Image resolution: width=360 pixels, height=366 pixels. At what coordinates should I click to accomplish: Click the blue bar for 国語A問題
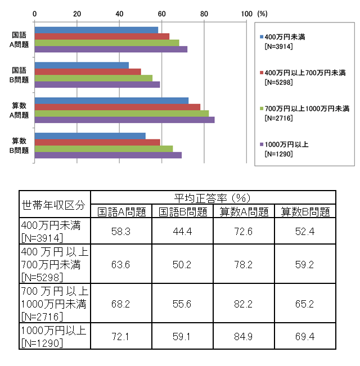coord(96,30)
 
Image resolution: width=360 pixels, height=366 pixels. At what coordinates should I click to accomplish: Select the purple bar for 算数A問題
coord(124,120)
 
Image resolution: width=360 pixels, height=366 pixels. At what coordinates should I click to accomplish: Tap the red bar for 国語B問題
coord(88,71)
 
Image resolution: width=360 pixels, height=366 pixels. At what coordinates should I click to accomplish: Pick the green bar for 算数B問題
coord(103,148)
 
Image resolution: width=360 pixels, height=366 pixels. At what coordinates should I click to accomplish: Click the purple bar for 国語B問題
coord(97,85)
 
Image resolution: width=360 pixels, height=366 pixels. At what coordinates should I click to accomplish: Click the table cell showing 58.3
coord(121,232)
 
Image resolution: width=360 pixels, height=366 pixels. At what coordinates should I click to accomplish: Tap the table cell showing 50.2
coord(182,264)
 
